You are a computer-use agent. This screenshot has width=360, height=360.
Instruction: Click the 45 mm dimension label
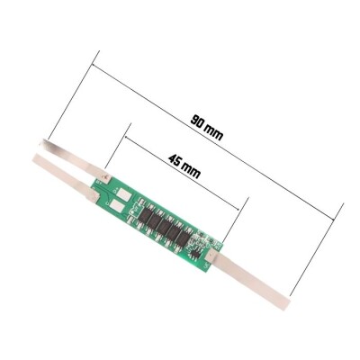[x=184, y=166]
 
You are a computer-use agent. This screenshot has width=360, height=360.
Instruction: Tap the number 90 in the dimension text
[x=197, y=121]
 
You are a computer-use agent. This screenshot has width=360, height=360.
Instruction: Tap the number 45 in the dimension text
[x=175, y=161]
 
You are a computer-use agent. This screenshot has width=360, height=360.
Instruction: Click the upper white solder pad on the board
[x=124, y=194]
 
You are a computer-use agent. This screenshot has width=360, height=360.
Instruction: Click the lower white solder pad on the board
[x=117, y=207]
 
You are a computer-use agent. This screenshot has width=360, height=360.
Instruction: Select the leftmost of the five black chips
[x=145, y=215]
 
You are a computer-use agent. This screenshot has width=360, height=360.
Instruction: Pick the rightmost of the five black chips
[x=183, y=239]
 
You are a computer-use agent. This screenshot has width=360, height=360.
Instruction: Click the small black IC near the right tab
[x=196, y=255]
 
